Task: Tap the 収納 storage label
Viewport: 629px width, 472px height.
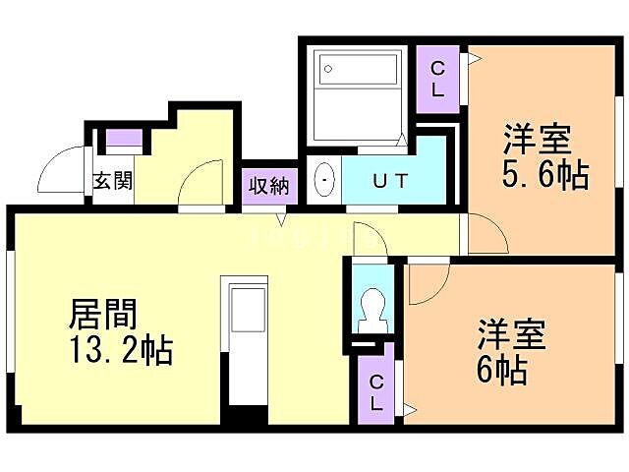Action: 268,184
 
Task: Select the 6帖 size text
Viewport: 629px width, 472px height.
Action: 503,371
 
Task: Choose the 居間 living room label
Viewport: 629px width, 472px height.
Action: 102,315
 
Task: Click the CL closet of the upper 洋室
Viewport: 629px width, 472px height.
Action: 438,77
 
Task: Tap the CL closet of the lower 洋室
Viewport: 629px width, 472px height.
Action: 377,390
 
